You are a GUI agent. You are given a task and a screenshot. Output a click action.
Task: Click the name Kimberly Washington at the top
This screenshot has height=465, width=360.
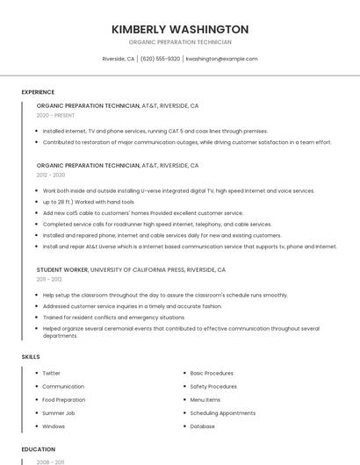pos(180,29)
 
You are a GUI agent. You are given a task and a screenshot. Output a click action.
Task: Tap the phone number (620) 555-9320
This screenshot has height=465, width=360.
pos(160,59)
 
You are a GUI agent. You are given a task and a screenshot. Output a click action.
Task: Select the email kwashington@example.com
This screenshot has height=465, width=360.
pos(221,59)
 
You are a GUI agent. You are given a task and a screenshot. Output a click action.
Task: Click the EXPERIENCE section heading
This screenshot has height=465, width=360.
pos(38,92)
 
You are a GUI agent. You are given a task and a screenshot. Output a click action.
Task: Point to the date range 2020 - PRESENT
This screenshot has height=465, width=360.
pos(55,115)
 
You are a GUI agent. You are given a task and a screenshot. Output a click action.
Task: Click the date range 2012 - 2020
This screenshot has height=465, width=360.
pos(51,175)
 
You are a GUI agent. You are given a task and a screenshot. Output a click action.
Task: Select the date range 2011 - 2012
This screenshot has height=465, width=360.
pos(49,279)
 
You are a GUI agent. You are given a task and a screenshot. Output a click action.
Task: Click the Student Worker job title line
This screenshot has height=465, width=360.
pos(131,269)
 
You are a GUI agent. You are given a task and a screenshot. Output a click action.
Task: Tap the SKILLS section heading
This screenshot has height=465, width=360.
pos(31,357)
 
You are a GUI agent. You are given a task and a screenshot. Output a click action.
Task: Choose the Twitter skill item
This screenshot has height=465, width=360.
pos(51,373)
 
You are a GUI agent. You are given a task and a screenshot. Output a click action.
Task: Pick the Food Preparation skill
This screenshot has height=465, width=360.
pos(63,399)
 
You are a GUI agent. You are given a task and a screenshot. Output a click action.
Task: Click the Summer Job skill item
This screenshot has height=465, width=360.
pos(59,412)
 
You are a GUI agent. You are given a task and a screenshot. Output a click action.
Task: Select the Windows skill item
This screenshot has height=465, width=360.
pos(54,426)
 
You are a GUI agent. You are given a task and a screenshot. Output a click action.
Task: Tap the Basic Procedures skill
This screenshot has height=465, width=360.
pos(212,373)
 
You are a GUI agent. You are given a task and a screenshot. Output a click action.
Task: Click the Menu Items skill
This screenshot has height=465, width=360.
pos(205,399)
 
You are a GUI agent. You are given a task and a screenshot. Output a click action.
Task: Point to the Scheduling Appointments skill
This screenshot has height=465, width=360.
pos(223,412)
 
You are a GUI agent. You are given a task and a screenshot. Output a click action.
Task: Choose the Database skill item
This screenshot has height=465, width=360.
pos(202,426)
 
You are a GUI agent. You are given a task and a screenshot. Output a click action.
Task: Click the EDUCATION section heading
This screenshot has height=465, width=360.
pos(38,449)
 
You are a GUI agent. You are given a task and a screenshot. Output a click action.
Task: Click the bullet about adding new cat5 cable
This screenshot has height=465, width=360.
pos(143,213)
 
